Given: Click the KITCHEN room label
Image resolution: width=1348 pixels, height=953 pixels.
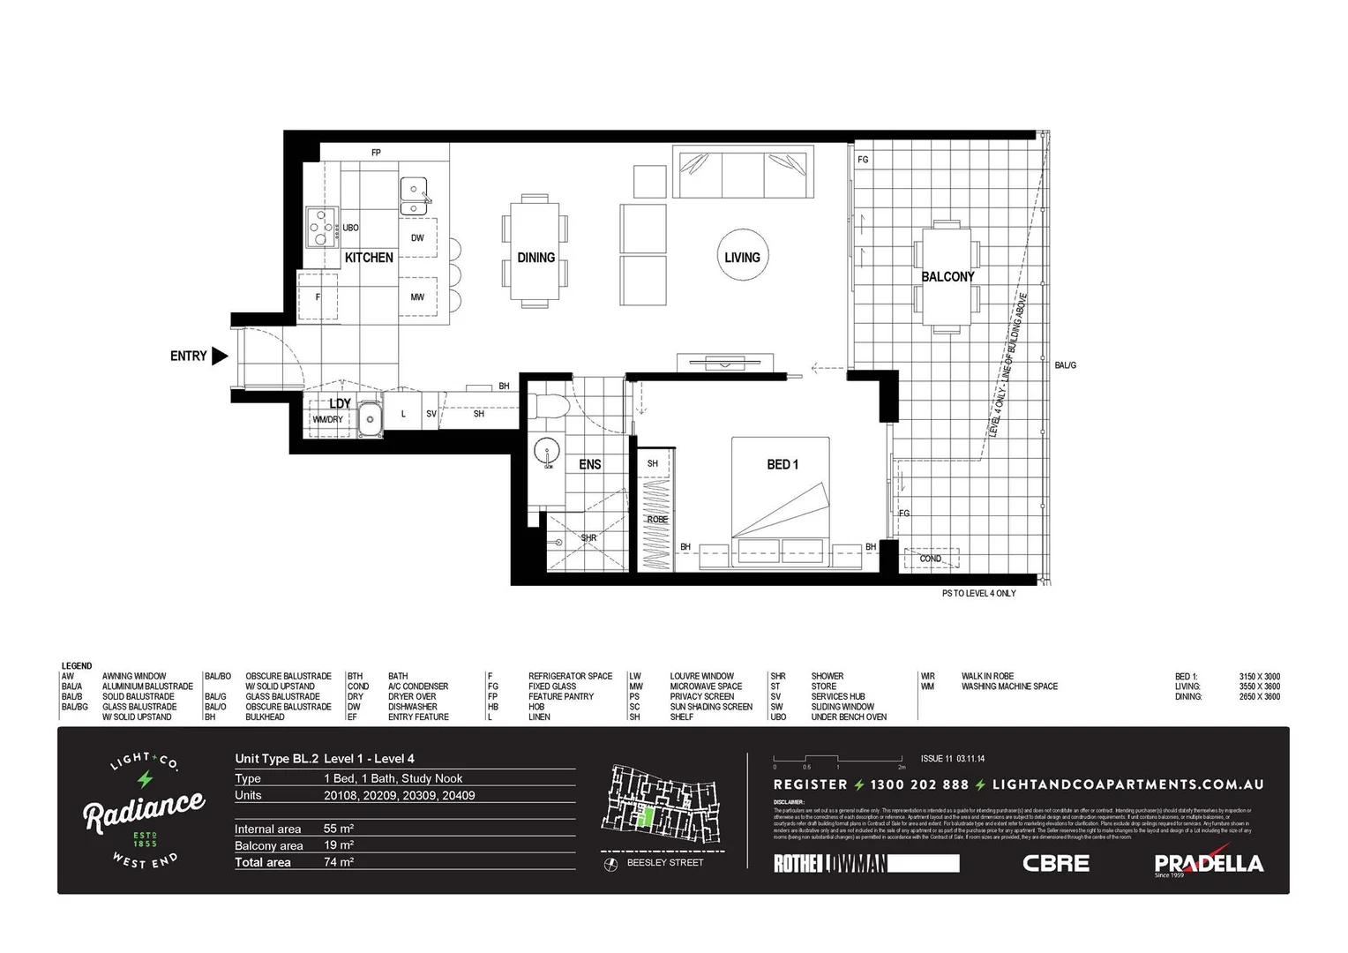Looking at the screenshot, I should coord(369,258).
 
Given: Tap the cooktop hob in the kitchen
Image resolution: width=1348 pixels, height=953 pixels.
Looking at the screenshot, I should coord(322,226).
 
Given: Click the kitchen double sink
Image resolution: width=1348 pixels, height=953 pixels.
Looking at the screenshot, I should coord(414,196).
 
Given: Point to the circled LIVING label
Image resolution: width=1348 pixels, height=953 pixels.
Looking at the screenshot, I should coord(742,257).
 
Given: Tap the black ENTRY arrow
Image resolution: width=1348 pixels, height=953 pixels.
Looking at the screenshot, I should coord(220,356).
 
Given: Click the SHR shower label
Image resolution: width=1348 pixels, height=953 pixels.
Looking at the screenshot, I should coord(588,537).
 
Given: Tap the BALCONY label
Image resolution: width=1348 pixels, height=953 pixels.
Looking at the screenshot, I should coord(947,276).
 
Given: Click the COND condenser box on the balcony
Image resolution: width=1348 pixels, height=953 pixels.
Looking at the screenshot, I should coord(931,559).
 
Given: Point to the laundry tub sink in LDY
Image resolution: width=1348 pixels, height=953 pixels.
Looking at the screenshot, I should coord(370,420).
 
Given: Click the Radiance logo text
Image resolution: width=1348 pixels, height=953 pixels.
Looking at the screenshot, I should coord(144,809).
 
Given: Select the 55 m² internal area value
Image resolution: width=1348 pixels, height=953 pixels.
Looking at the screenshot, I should coord(338,829).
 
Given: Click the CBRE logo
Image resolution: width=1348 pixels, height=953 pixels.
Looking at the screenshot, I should coord(1055,863).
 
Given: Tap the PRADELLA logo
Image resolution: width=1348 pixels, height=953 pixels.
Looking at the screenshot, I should coord(1208,863).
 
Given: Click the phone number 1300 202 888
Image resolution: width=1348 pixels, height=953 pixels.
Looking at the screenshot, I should coord(918,784).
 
